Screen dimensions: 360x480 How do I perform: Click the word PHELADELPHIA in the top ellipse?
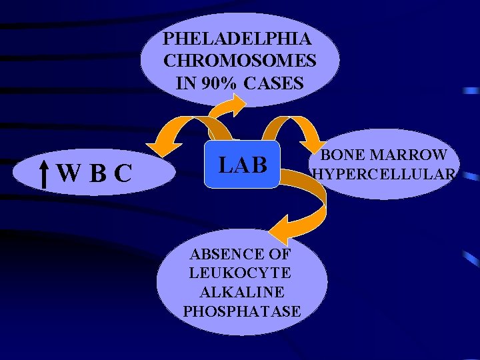236,37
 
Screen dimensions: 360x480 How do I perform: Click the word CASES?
274,84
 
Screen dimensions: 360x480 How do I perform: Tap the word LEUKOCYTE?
240,273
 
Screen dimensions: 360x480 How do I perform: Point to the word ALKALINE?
242,292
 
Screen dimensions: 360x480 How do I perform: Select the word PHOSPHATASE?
241,311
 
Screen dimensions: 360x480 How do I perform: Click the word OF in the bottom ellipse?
276,253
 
